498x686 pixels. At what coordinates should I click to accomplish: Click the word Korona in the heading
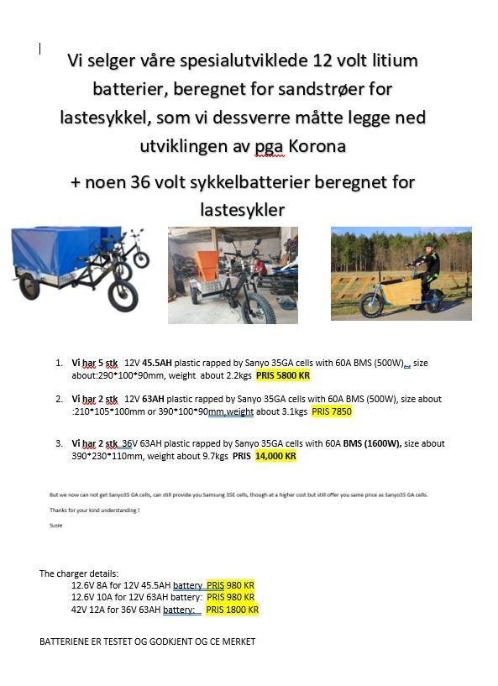pos(317,145)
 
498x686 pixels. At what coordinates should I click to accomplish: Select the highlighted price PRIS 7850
pos(332,411)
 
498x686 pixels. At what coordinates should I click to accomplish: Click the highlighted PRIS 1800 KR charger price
pos(233,610)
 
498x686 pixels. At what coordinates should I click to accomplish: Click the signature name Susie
pos(56,526)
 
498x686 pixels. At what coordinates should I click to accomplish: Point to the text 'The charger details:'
pos(79,573)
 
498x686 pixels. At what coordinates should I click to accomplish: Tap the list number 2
pos(59,399)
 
